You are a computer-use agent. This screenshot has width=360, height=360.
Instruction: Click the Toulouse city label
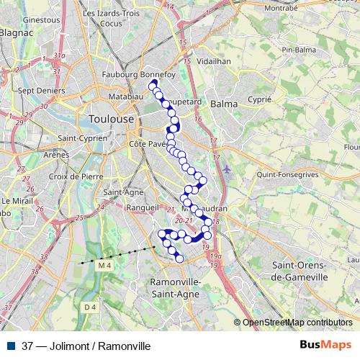click(110, 118)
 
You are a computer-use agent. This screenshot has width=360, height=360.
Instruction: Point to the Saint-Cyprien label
click(83, 138)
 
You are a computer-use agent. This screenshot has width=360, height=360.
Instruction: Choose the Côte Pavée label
click(148, 145)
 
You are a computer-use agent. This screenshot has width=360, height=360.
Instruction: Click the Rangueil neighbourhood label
click(141, 206)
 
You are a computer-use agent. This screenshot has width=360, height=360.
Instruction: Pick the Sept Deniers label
click(40, 91)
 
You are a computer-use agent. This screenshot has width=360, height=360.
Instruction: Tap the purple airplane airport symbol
click(228, 169)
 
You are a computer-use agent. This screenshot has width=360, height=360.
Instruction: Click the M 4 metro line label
click(105, 266)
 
